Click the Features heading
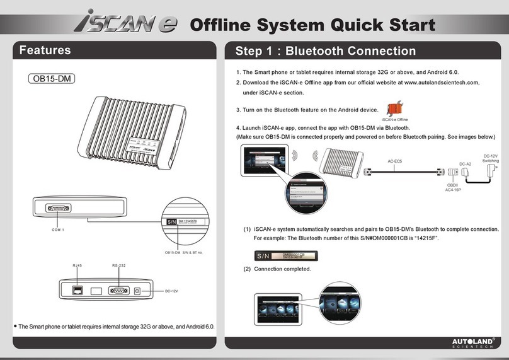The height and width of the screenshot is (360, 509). (45, 50)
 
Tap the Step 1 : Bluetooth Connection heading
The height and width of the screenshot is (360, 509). (325, 51)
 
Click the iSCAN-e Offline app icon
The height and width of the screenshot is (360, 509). (394, 108)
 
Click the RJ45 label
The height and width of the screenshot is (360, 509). (77, 265)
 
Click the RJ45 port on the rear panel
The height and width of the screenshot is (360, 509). (77, 289)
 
